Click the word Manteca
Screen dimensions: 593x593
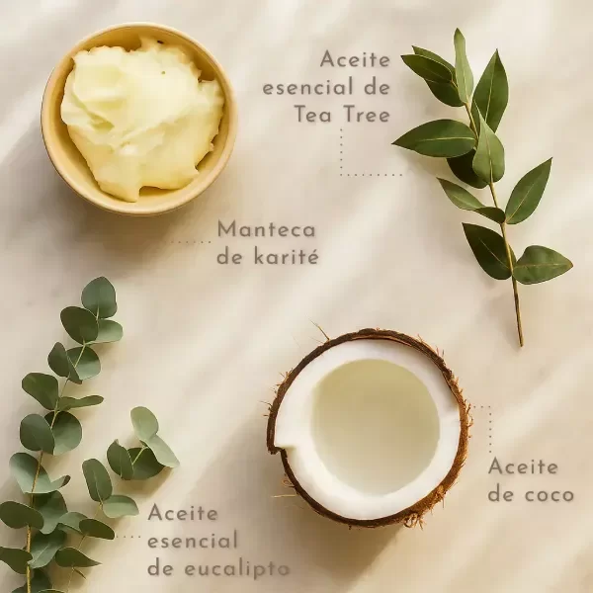(266, 229)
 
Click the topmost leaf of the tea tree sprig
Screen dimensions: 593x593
(463, 65)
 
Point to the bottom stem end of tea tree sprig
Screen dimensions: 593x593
(521, 343)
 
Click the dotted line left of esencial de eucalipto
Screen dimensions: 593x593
(128, 537)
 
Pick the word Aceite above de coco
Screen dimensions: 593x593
(523, 466)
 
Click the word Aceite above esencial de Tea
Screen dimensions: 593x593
(355, 59)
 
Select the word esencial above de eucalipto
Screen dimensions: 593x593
(193, 540)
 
